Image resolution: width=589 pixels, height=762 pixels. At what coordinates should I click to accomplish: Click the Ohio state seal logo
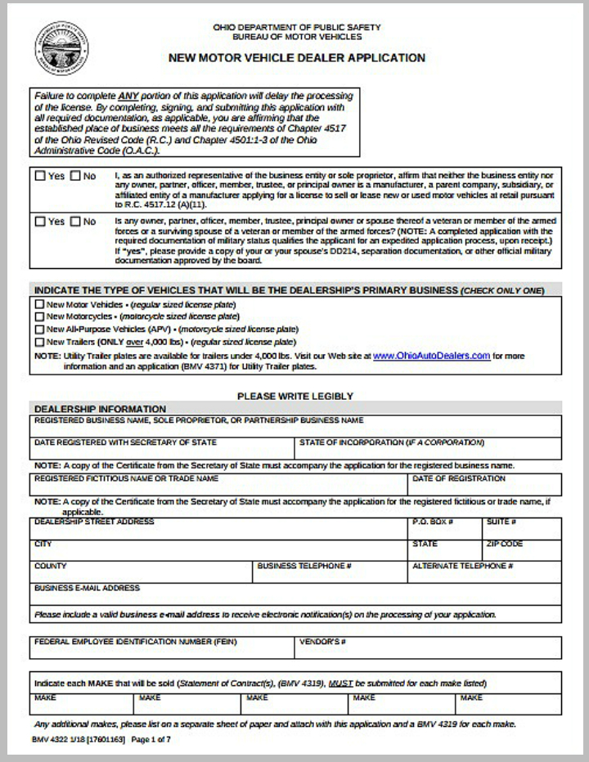click(x=63, y=50)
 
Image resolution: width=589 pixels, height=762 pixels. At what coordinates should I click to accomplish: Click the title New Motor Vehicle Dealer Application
click(x=296, y=58)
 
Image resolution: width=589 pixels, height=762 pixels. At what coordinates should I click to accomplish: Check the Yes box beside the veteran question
click(x=40, y=222)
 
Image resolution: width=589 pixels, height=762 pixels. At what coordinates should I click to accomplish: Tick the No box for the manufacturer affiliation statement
click(x=75, y=176)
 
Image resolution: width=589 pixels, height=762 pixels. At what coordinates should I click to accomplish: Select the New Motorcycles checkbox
click(x=39, y=316)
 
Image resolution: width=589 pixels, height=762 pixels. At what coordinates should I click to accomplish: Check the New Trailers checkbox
click(x=39, y=342)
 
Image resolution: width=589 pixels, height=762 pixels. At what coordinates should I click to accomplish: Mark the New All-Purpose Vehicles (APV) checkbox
click(x=39, y=329)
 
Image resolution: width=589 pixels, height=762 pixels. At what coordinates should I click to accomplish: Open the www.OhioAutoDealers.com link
click(x=431, y=356)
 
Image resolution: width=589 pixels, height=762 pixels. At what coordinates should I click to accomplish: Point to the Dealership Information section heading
click(x=100, y=409)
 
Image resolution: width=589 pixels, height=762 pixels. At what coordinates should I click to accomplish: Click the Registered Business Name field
click(x=296, y=429)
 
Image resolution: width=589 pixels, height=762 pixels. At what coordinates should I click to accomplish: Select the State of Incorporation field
click(x=427, y=451)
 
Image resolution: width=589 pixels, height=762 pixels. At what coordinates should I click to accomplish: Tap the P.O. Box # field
click(x=444, y=531)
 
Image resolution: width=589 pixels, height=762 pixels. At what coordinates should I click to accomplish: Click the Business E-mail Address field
click(x=296, y=597)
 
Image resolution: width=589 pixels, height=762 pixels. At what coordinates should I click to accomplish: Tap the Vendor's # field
click(x=427, y=650)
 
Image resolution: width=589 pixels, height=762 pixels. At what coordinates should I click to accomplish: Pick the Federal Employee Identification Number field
click(x=161, y=650)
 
